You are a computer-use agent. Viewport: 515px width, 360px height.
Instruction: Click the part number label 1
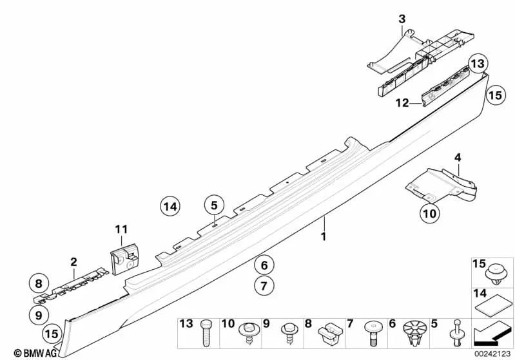(x=324, y=237)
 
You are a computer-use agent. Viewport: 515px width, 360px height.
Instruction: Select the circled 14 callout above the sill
(x=170, y=207)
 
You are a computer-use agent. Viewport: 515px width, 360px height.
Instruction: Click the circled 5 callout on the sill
(x=214, y=206)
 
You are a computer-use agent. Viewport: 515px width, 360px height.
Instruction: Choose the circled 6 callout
(x=263, y=264)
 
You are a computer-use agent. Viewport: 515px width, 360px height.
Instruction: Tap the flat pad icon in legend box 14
(x=494, y=304)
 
